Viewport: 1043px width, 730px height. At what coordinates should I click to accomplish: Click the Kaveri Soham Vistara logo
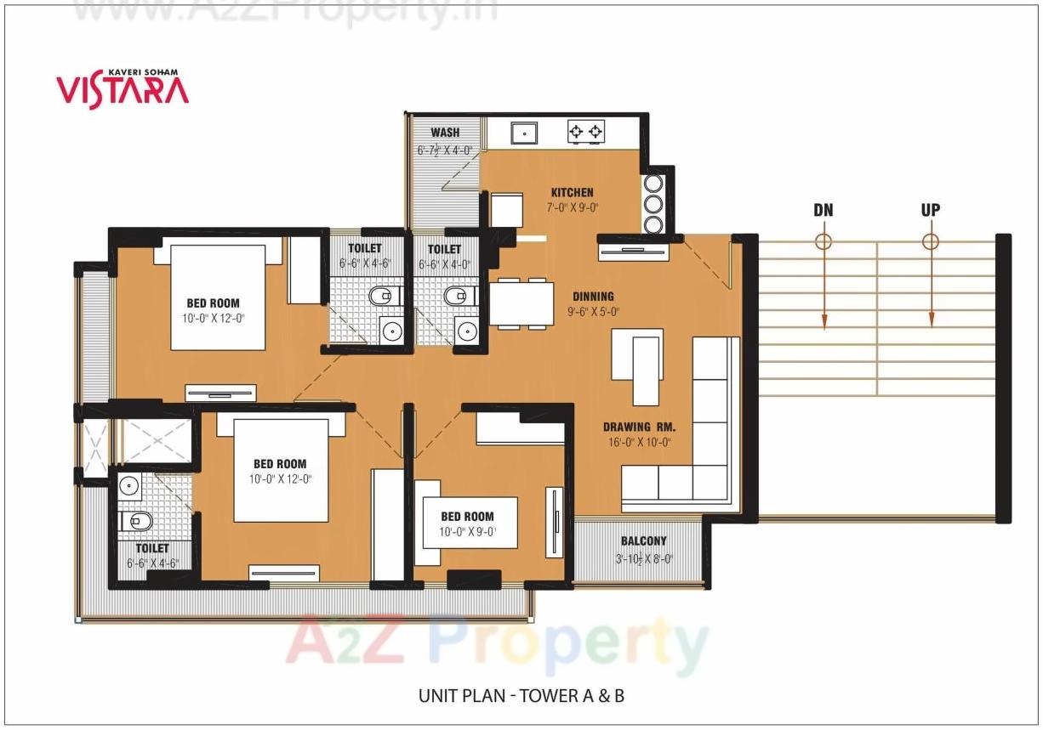(123, 88)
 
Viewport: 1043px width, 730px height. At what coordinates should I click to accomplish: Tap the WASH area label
(444, 133)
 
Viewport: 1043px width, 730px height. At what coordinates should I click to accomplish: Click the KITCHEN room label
(572, 193)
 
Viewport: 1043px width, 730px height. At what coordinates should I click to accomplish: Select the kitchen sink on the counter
(522, 132)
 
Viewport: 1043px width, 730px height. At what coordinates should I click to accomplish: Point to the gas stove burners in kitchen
(586, 132)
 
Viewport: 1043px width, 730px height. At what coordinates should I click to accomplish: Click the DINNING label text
(593, 297)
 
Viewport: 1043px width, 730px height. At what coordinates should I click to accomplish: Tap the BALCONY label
(643, 540)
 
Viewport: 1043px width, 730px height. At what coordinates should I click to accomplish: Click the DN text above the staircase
(823, 209)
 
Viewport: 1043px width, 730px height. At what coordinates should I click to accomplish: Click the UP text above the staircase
(930, 209)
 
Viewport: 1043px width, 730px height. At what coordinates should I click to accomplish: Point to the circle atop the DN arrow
(823, 241)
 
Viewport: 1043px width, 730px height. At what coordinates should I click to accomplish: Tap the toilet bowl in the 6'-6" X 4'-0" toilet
(456, 297)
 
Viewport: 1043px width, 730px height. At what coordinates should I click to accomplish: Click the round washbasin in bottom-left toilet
(128, 485)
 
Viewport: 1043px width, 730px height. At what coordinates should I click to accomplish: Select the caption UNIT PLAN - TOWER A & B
(521, 696)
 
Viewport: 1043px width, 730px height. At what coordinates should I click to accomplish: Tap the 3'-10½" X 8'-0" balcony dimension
(643, 559)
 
